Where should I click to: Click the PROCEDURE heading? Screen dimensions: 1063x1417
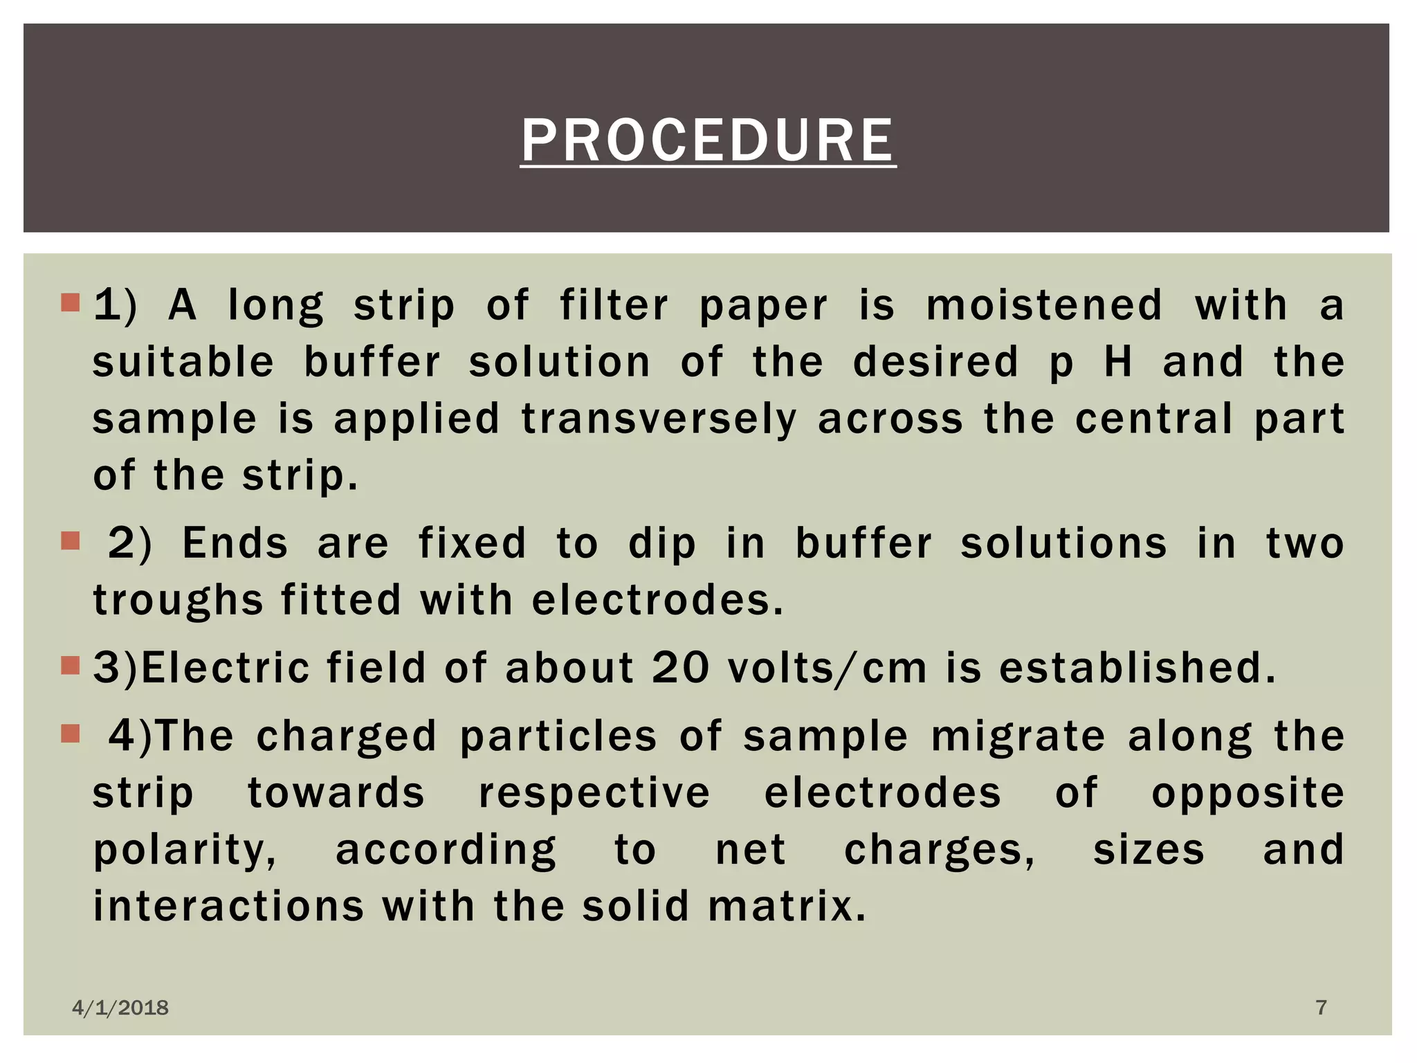pyautogui.click(x=708, y=140)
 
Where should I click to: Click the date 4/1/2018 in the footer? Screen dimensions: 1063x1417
pyautogui.click(x=120, y=1008)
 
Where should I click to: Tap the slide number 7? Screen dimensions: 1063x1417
pyautogui.click(x=1321, y=1007)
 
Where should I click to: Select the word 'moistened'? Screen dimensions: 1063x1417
pyautogui.click(x=1044, y=305)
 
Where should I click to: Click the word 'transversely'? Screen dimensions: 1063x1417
pyautogui.click(x=659, y=419)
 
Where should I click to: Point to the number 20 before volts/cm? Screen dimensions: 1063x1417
pyautogui.click(x=681, y=668)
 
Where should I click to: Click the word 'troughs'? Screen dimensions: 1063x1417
pyautogui.click(x=178, y=600)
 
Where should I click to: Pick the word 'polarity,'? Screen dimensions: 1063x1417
pyautogui.click(x=185, y=850)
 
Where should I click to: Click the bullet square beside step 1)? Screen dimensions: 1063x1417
pyautogui.click(x=71, y=302)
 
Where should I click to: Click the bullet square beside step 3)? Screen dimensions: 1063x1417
pyautogui.click(x=71, y=665)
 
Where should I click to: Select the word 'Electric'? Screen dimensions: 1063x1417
pyautogui.click(x=226, y=668)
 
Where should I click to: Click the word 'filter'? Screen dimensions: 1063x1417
pyautogui.click(x=614, y=305)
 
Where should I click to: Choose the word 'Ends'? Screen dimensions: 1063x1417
pyautogui.click(x=235, y=543)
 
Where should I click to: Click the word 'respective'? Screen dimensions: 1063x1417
pyautogui.click(x=594, y=793)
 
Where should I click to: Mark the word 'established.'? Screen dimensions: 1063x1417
pyautogui.click(x=1137, y=668)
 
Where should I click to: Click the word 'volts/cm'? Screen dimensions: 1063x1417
pyautogui.click(x=828, y=669)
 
